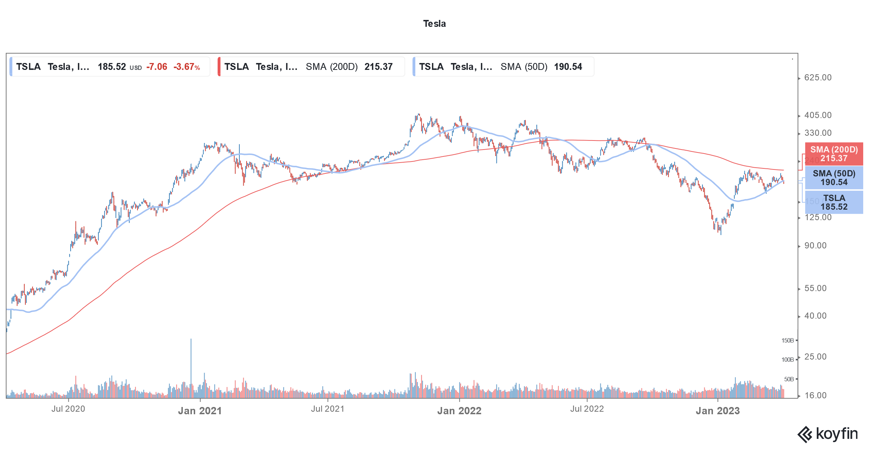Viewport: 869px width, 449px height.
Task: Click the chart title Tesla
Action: coord(434,24)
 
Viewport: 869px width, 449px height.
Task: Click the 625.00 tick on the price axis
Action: coord(818,77)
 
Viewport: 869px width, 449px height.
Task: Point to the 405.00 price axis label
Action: coord(818,115)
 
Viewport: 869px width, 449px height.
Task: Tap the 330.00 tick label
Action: coord(818,133)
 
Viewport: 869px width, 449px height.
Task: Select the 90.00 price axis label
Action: coord(815,246)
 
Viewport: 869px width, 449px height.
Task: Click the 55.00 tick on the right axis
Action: coord(815,288)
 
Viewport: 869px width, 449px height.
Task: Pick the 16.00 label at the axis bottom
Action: coord(815,395)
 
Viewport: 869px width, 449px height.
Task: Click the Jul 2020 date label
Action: coord(68,409)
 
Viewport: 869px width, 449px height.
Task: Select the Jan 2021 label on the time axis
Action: coord(200,411)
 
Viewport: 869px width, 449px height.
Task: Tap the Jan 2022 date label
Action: coord(459,411)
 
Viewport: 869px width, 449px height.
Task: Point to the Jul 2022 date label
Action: coord(587,409)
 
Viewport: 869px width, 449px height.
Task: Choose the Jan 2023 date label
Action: coord(718,411)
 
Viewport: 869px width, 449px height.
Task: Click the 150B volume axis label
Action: coord(787,340)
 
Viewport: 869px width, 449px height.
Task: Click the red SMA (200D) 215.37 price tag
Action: coord(834,154)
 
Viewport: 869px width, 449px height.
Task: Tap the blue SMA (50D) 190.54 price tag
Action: coord(834,178)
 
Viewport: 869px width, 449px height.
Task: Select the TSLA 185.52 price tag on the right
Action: coord(834,202)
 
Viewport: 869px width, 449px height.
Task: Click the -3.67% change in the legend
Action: coord(186,67)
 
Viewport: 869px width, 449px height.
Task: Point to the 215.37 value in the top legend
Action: coord(378,67)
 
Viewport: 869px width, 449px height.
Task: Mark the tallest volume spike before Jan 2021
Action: coord(191,362)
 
